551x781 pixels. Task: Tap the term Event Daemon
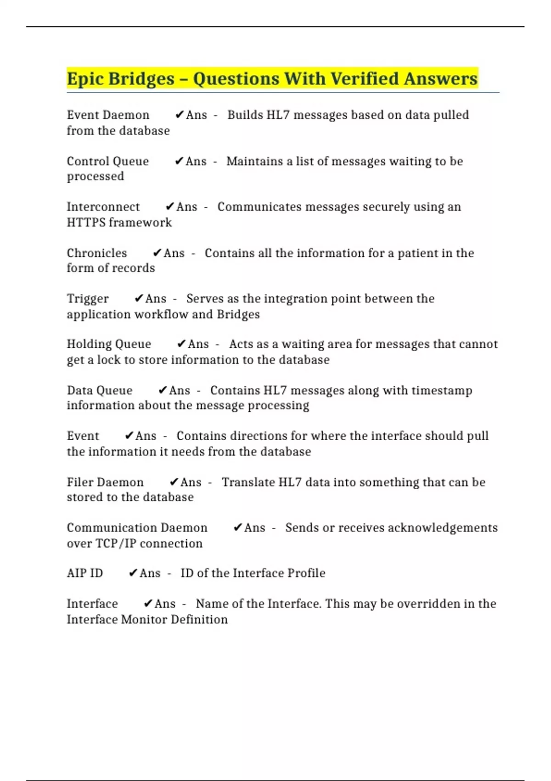click(x=108, y=115)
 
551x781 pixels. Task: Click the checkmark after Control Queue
click(x=179, y=161)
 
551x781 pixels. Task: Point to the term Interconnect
click(x=103, y=207)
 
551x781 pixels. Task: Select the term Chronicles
click(x=97, y=253)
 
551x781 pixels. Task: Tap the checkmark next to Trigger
click(x=139, y=299)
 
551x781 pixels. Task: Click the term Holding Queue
click(x=109, y=344)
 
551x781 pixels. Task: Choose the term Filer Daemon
click(x=105, y=482)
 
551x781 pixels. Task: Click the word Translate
click(x=248, y=482)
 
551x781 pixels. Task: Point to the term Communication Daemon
click(x=137, y=527)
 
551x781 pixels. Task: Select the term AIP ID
click(x=85, y=573)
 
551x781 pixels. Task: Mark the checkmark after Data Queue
click(x=163, y=390)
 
